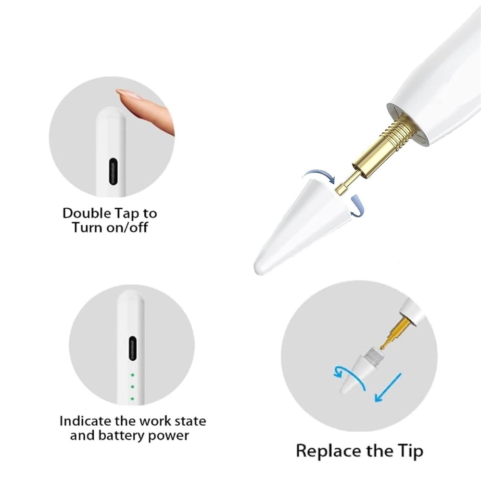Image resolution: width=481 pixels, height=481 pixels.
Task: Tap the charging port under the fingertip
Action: tap(113, 171)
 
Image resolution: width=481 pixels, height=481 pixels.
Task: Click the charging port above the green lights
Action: tap(133, 349)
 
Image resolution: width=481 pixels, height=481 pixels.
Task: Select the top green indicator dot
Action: tap(133, 375)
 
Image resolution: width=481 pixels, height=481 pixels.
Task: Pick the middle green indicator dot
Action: tap(133, 387)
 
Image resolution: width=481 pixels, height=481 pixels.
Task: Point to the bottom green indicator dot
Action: tap(133, 399)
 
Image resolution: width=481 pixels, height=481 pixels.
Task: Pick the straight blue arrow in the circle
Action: tap(388, 387)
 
